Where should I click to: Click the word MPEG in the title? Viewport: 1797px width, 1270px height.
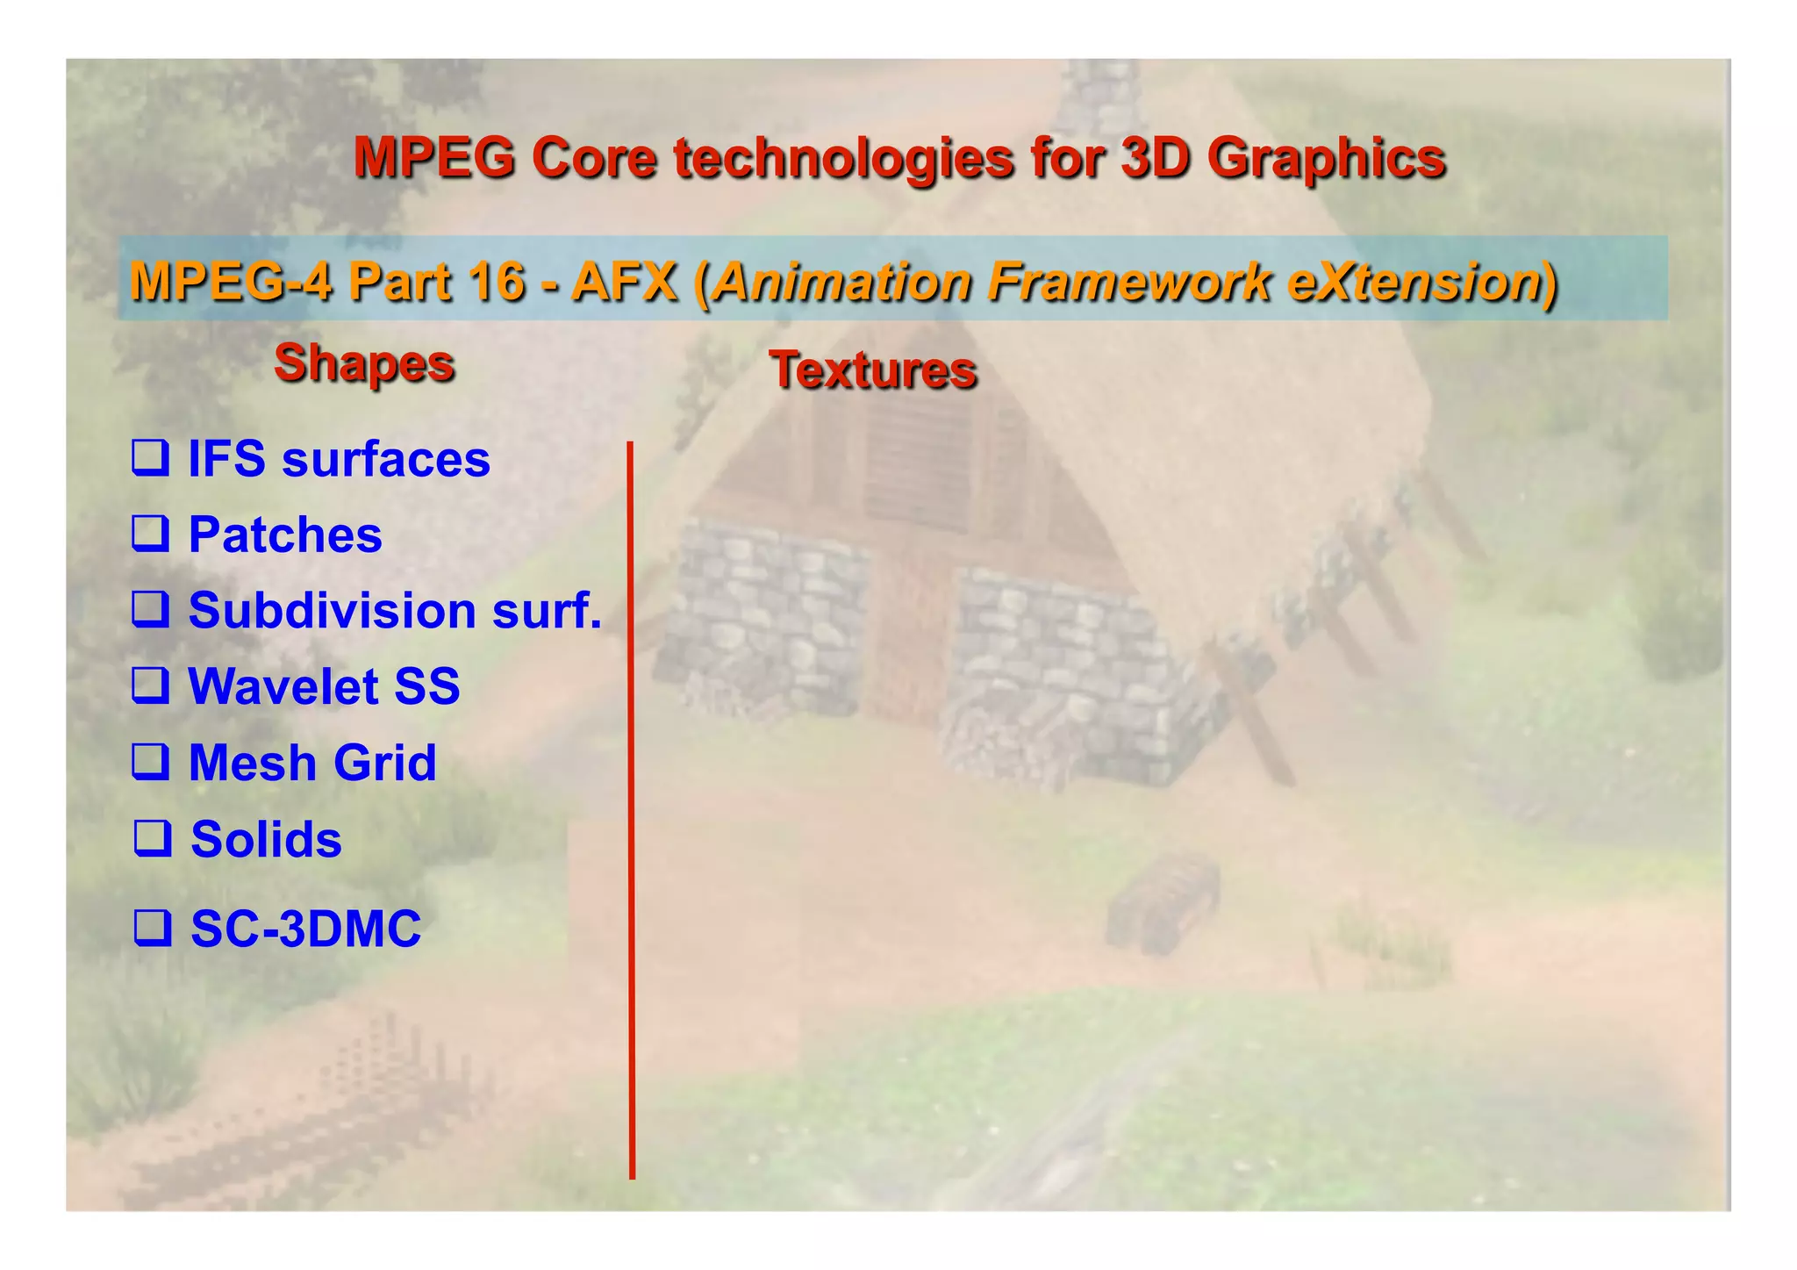tap(433, 158)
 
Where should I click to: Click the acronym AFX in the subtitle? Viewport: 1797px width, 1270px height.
tap(625, 283)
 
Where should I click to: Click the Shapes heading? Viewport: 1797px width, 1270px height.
tap(364, 362)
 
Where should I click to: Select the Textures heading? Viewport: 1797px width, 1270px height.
tap(873, 370)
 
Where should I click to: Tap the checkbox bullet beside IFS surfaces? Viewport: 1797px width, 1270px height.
tap(150, 458)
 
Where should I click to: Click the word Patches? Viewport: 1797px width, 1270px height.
tap(285, 535)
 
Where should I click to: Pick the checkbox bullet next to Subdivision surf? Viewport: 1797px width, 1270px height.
tap(150, 609)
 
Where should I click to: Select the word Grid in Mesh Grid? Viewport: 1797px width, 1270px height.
tap(385, 762)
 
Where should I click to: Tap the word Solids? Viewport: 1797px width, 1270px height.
tap(266, 839)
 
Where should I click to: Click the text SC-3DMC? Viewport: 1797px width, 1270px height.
tap(305, 929)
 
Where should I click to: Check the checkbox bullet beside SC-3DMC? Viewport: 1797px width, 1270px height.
tap(152, 928)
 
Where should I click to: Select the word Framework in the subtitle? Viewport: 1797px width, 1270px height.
tap(1128, 283)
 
